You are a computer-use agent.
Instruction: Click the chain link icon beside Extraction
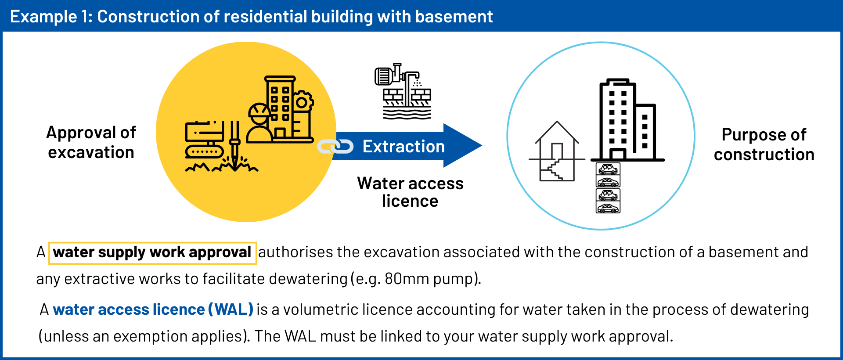coord(335,147)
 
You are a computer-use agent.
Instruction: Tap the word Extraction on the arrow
coord(403,146)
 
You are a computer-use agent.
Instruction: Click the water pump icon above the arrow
coord(403,91)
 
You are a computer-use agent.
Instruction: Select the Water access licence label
coord(410,192)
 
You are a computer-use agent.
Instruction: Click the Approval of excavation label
coord(91,142)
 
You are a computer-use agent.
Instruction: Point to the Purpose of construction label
coord(764,144)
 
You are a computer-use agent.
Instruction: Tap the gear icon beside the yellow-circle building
coord(303,102)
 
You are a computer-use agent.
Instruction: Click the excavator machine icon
coord(205,139)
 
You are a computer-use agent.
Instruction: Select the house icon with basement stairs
coord(557,151)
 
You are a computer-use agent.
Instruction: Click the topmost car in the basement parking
coord(608,169)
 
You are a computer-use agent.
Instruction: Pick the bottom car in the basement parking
coord(608,207)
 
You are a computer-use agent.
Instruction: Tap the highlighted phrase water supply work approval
coord(152,253)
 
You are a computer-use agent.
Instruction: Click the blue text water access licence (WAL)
coord(153,310)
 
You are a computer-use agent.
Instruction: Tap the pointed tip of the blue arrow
coord(482,145)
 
